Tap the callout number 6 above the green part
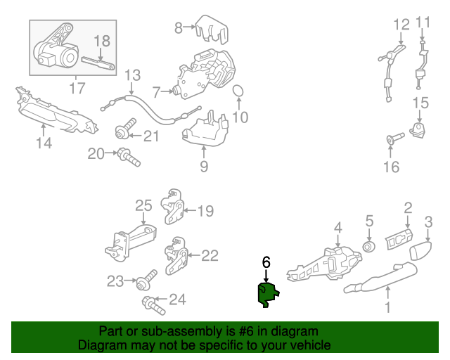tap(266, 262)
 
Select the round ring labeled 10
tap(238, 91)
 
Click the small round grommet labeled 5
tap(369, 247)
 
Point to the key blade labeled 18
tap(98, 63)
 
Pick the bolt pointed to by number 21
tap(126, 129)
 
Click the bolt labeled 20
tap(129, 157)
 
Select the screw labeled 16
tap(395, 138)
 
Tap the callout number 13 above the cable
tap(132, 75)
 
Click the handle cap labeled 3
tap(420, 250)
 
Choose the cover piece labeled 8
tap(212, 30)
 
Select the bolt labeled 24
tap(153, 305)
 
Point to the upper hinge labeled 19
tap(172, 206)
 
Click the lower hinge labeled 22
tap(176, 255)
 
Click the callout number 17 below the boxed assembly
tap(77, 88)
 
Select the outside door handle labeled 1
tap(380, 278)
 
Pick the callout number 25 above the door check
tap(143, 206)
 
